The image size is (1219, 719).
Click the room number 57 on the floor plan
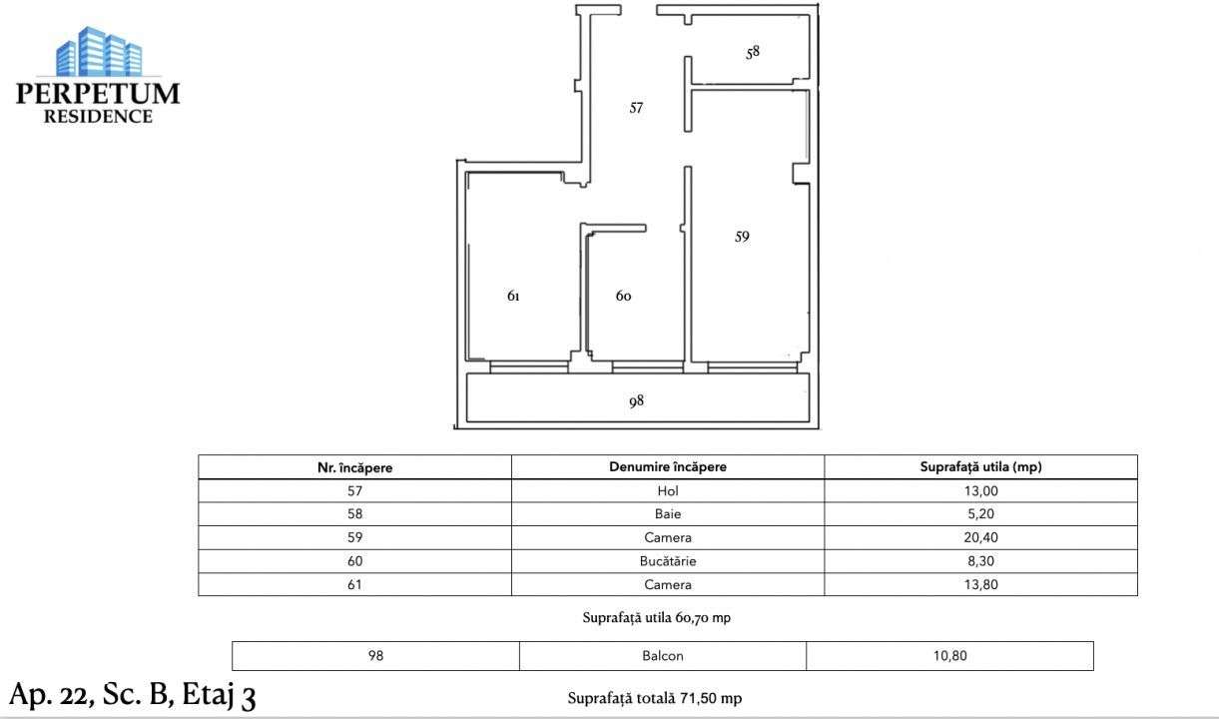636,108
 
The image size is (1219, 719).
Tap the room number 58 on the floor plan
753,52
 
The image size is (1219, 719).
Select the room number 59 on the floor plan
742,237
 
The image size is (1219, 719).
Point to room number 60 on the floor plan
623,297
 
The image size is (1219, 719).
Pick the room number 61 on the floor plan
513,297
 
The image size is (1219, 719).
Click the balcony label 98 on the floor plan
636,400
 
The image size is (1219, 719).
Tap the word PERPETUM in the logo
98,94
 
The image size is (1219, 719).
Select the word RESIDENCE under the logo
98,117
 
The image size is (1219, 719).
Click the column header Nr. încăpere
354,467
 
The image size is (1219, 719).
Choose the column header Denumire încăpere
667,467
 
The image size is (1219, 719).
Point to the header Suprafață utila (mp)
980,467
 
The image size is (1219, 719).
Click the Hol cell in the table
667,490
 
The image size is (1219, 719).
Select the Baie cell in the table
667,514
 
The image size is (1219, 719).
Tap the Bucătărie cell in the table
667,561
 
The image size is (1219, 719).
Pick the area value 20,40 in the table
980,537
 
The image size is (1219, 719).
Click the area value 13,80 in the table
980,584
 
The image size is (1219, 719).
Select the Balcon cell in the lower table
663,656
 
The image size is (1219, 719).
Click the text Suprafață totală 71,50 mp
654,698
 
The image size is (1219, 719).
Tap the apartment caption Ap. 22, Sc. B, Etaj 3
132,694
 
